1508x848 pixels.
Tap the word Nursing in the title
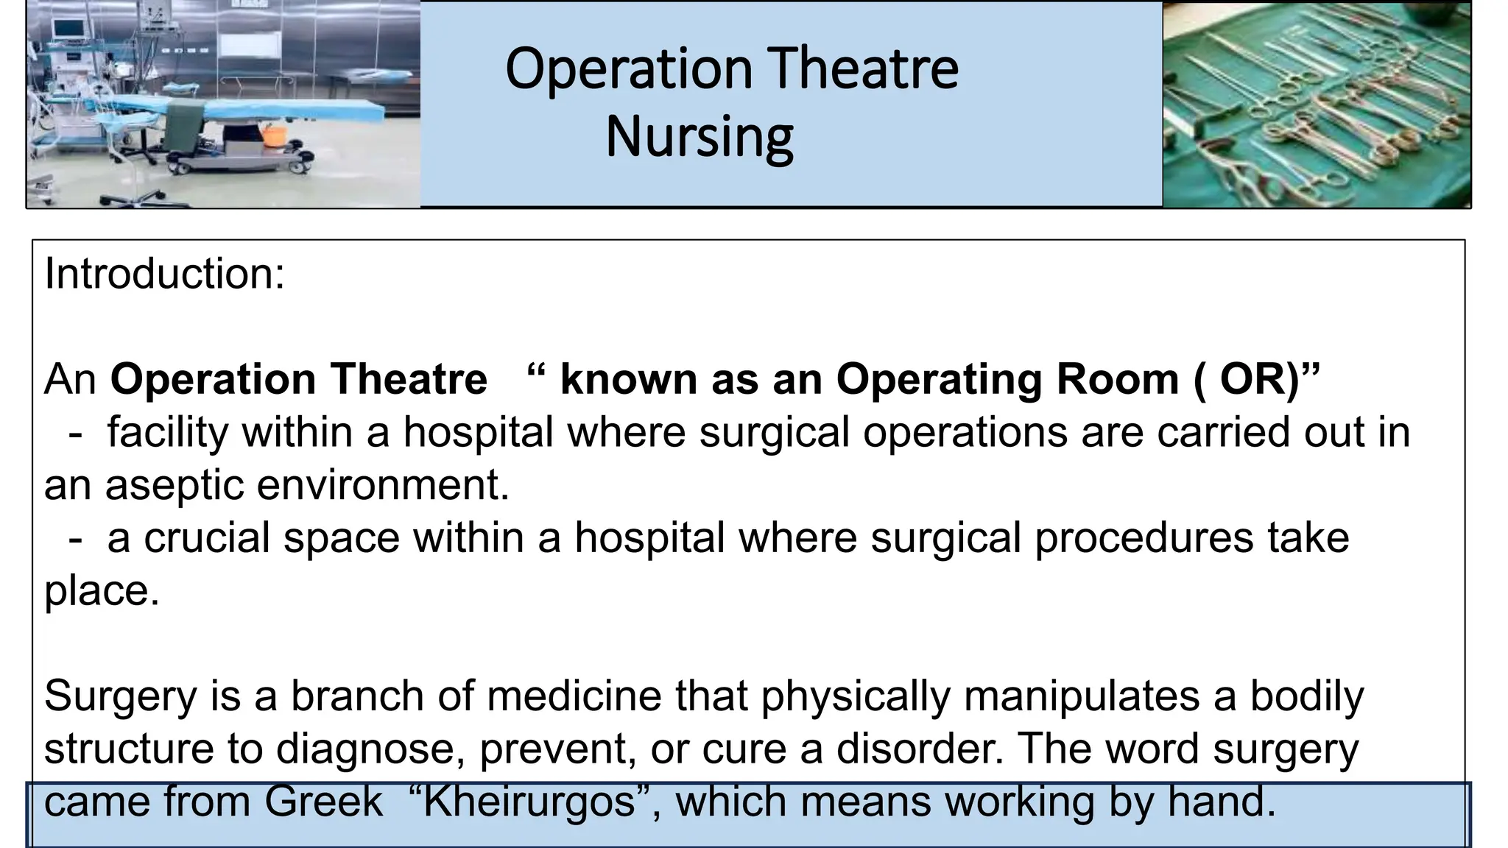(699, 137)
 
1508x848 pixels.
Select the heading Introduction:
(164, 274)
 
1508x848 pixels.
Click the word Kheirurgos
(529, 801)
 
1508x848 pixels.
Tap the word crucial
(207, 538)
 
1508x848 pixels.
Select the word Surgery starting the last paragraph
(120, 696)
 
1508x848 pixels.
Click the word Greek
(323, 801)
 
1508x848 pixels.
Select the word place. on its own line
(102, 591)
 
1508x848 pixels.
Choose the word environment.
(382, 486)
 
